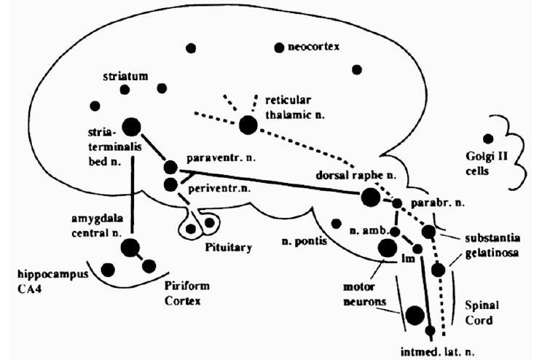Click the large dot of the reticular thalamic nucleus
pos(248,125)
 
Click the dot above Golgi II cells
pos(487,138)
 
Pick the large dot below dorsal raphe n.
pos(369,197)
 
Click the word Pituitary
pos(229,248)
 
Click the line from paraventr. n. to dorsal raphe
pos(270,181)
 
